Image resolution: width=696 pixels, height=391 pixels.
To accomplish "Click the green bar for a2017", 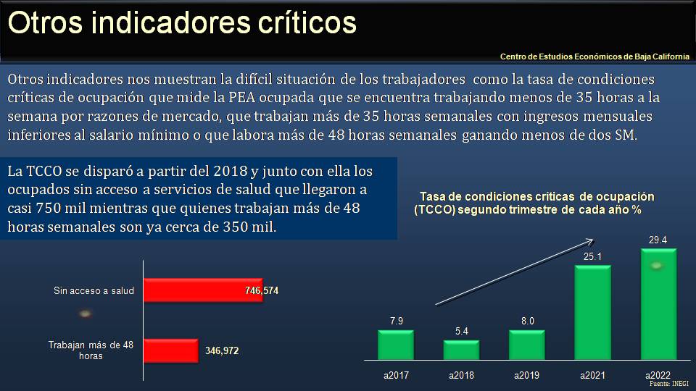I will point(396,345).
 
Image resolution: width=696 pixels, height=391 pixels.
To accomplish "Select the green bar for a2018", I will point(461,350).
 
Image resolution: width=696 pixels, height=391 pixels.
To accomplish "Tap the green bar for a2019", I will point(527,345).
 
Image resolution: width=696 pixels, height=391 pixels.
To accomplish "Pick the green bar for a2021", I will point(593,313).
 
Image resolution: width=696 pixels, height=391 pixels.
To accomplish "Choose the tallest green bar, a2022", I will point(658,304).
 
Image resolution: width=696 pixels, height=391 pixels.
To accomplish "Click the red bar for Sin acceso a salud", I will point(203,290).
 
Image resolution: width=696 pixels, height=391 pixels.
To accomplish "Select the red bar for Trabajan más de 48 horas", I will point(171,350).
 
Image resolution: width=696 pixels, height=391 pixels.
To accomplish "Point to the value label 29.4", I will point(658,240).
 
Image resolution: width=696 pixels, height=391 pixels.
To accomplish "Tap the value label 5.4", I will point(462,331).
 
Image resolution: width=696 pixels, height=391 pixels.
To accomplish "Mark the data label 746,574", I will point(262,290).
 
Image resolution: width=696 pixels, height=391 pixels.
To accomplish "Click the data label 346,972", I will point(222,350).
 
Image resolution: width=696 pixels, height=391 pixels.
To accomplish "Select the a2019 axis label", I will point(527,376).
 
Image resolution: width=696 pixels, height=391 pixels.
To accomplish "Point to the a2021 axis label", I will point(593,376).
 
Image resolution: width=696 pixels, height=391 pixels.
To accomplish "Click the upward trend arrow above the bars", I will point(514,272).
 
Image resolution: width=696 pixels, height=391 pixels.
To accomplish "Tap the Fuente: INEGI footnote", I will point(668,384).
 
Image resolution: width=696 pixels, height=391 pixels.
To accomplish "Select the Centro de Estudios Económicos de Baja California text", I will point(594,56).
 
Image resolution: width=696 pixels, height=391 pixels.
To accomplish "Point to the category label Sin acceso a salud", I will point(94,290).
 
